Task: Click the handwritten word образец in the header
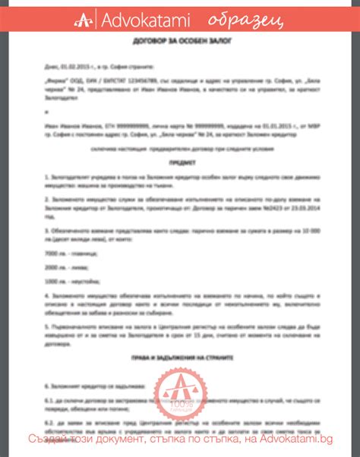point(240,18)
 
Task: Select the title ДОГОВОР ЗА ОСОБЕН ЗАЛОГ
point(179,55)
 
